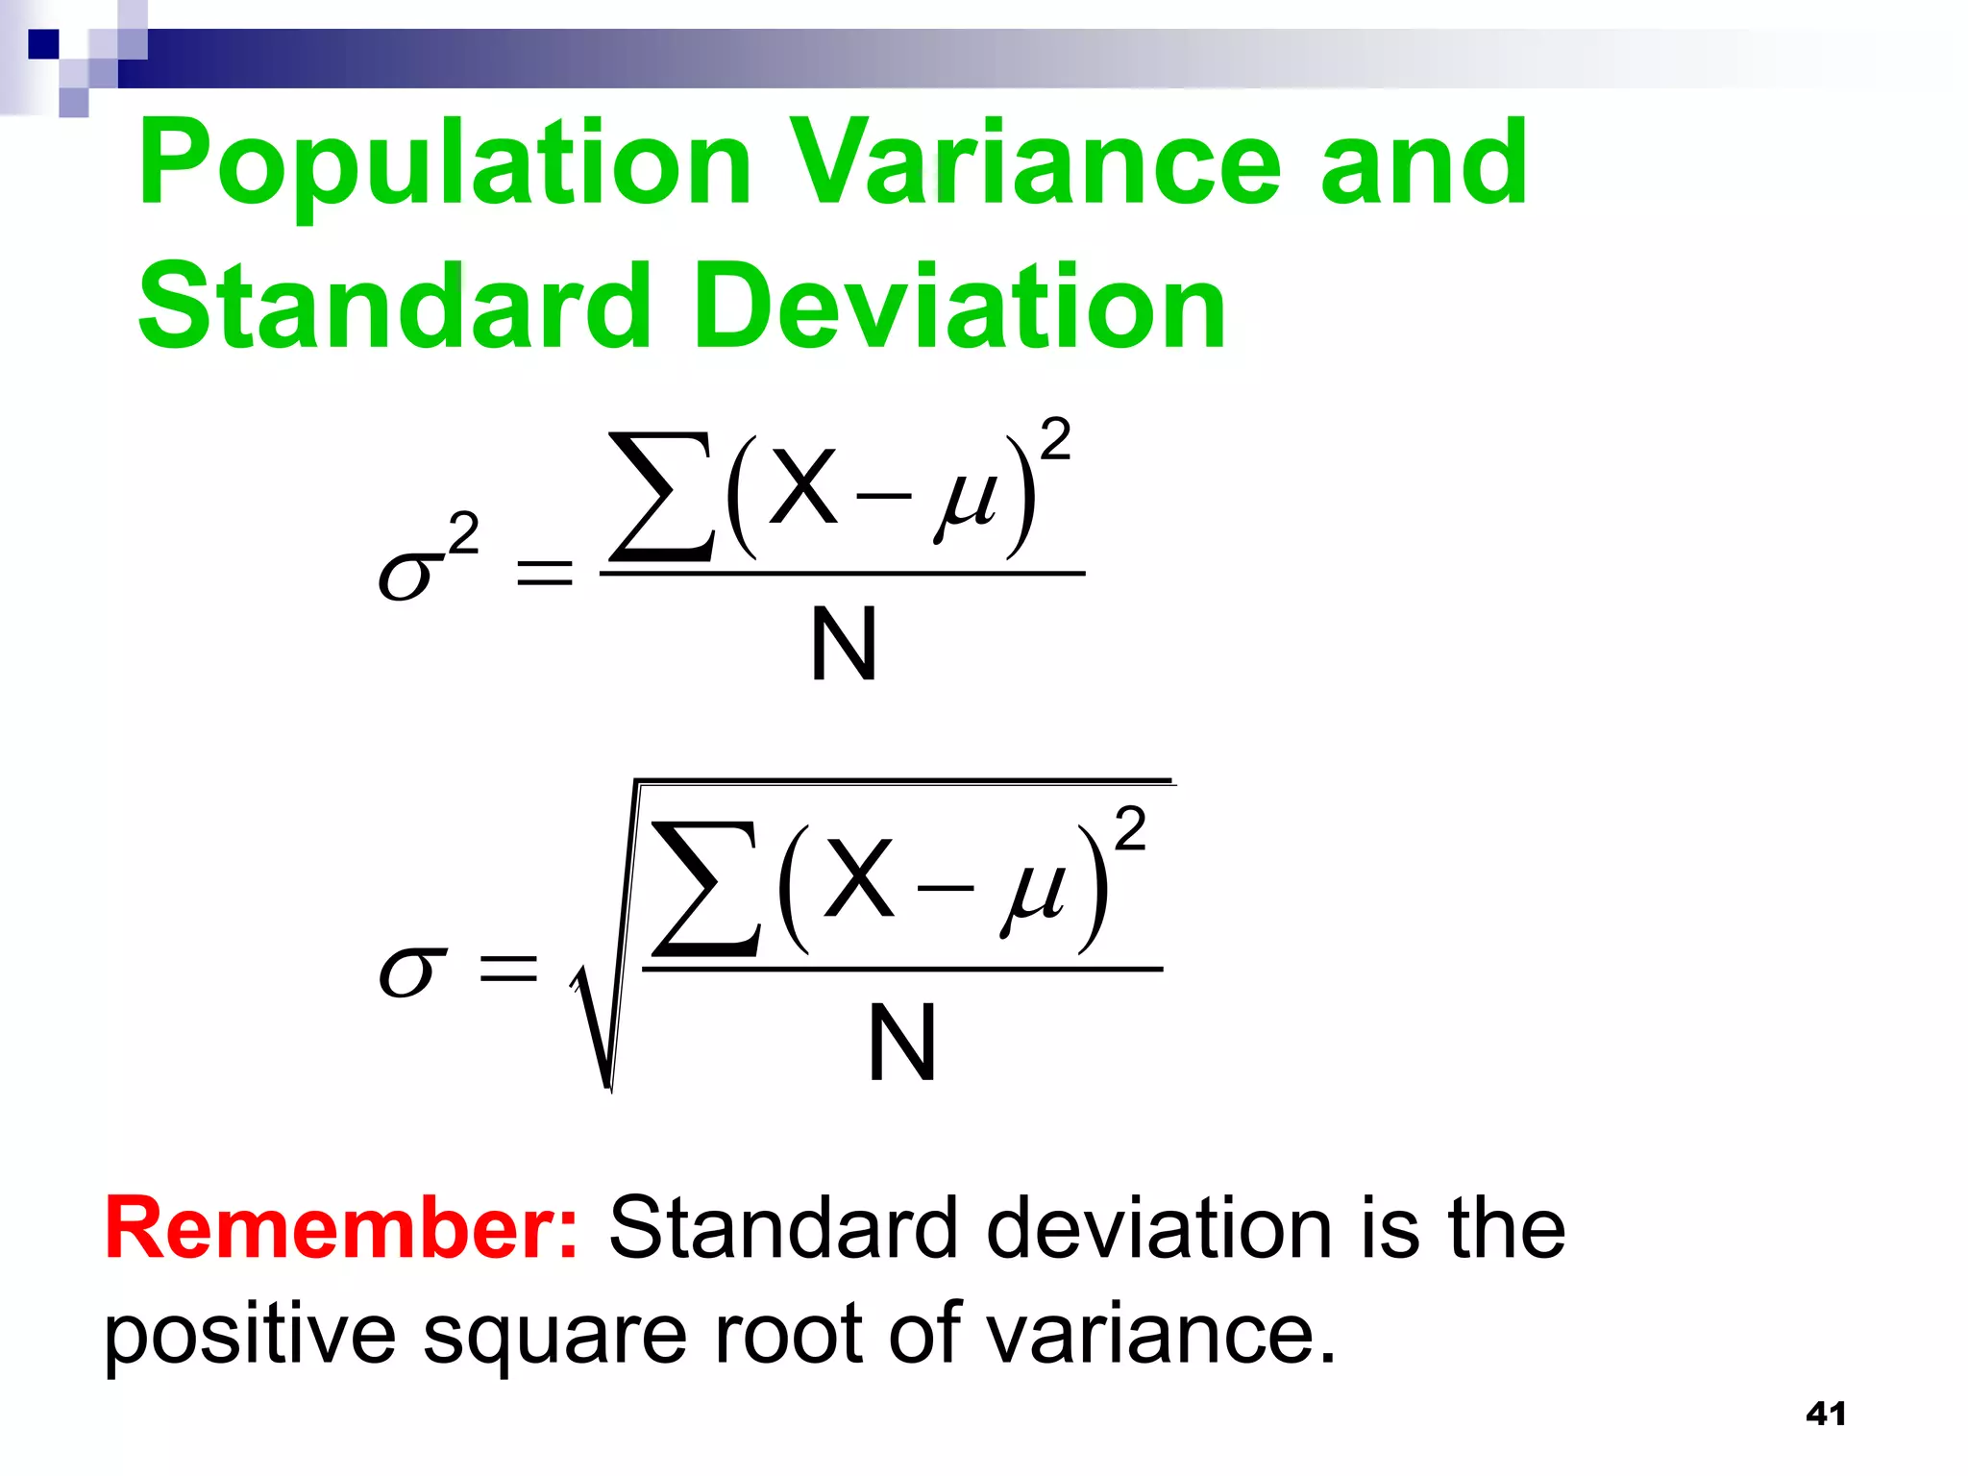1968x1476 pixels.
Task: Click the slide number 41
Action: pos(1826,1414)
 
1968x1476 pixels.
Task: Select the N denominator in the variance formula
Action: pos(843,645)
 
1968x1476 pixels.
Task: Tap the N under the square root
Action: pos(901,1043)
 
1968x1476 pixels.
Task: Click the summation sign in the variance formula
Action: pos(662,497)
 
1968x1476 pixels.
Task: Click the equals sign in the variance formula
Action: pos(544,574)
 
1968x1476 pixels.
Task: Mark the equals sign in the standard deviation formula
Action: pos(508,968)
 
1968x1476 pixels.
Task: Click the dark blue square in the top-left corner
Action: pos(44,44)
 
